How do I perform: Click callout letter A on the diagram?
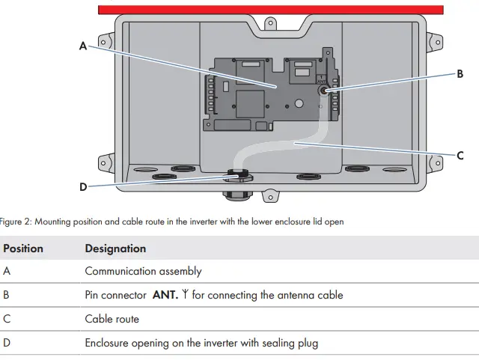click(x=82, y=46)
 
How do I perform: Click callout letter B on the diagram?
click(x=460, y=73)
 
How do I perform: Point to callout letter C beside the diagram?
click(x=460, y=156)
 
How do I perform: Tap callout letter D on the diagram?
click(x=82, y=187)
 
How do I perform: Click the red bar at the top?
click(x=270, y=9)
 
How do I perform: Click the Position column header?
click(x=23, y=248)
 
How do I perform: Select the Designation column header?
click(x=115, y=248)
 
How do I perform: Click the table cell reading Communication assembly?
click(x=143, y=272)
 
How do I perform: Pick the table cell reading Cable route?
click(x=112, y=319)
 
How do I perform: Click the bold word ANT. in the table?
click(x=165, y=295)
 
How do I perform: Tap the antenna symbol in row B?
click(x=185, y=295)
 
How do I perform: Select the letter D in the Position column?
click(x=7, y=343)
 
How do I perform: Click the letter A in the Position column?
click(x=7, y=272)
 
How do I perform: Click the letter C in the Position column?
click(x=7, y=319)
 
